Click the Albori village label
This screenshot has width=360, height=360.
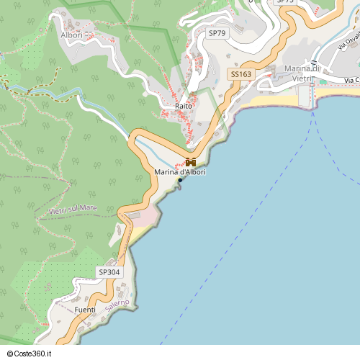click(x=71, y=35)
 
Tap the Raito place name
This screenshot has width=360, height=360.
click(x=183, y=106)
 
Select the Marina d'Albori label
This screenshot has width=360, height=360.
click(x=179, y=172)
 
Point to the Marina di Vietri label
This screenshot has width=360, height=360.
click(x=306, y=73)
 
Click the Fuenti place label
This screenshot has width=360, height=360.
click(x=85, y=310)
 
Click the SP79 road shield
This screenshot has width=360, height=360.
click(x=215, y=34)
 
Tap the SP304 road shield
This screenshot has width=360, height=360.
click(x=109, y=272)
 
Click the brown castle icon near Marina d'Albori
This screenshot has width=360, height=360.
click(x=190, y=161)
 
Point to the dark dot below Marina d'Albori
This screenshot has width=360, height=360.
click(x=180, y=180)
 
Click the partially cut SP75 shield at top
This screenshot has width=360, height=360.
click(x=286, y=2)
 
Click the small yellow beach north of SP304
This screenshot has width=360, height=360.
click(x=138, y=233)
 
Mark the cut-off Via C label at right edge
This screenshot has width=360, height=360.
click(x=351, y=80)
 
